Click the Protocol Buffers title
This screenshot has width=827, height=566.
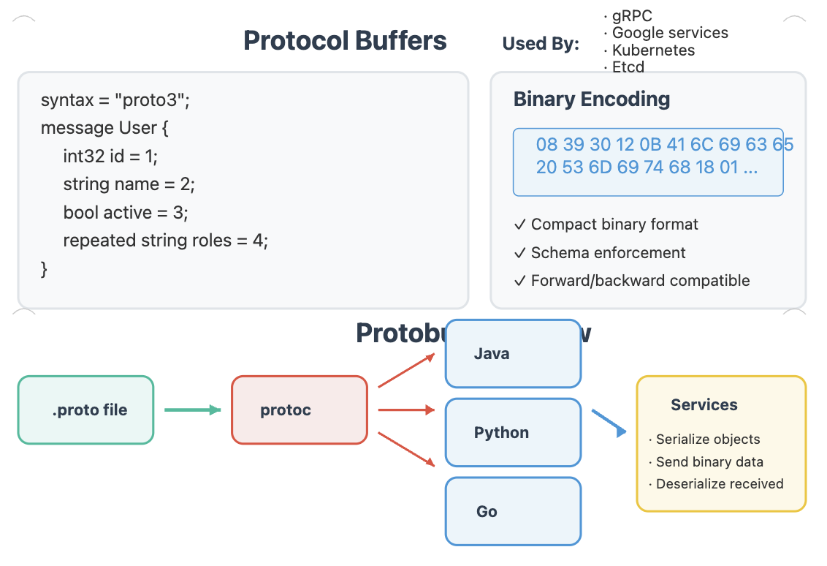coord(345,40)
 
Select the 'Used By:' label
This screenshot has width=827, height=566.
coord(541,44)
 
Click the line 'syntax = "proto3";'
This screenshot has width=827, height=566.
coord(115,100)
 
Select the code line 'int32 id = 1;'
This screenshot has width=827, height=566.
coord(110,156)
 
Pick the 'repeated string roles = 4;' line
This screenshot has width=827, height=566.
coord(166,241)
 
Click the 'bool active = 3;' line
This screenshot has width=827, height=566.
coord(126,213)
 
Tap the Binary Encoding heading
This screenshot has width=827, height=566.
coord(592,99)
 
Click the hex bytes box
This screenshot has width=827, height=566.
coord(648,162)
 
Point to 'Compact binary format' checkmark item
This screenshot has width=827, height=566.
coord(614,224)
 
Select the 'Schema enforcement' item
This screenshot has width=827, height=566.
coord(607,253)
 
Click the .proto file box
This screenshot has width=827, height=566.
coord(86,410)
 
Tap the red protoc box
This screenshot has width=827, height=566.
coord(300,410)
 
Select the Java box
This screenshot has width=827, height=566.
coord(513,354)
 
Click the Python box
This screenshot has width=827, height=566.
coord(513,433)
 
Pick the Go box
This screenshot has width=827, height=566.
coord(513,512)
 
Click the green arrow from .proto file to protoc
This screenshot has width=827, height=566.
coord(192,410)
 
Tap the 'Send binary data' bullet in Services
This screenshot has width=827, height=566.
coord(709,462)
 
